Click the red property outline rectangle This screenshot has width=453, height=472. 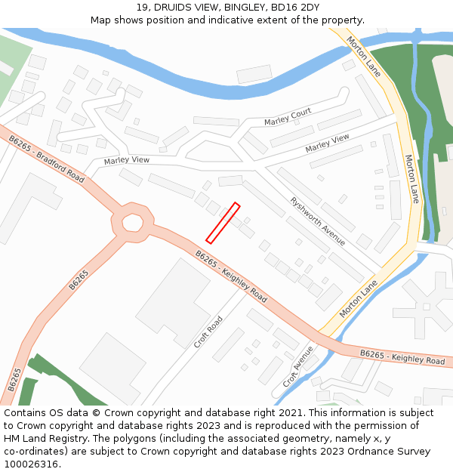223,223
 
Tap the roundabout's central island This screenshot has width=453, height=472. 132,223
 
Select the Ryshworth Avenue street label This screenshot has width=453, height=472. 318,221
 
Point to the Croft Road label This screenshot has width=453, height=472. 208,332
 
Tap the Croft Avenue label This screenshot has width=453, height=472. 297,366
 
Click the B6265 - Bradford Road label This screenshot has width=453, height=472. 47,159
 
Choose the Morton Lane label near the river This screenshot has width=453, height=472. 364,57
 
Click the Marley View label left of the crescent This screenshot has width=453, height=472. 127,160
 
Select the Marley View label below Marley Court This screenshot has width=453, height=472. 328,143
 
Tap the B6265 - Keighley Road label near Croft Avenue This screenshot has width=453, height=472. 402,357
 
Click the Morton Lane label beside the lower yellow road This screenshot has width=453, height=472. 358,298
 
